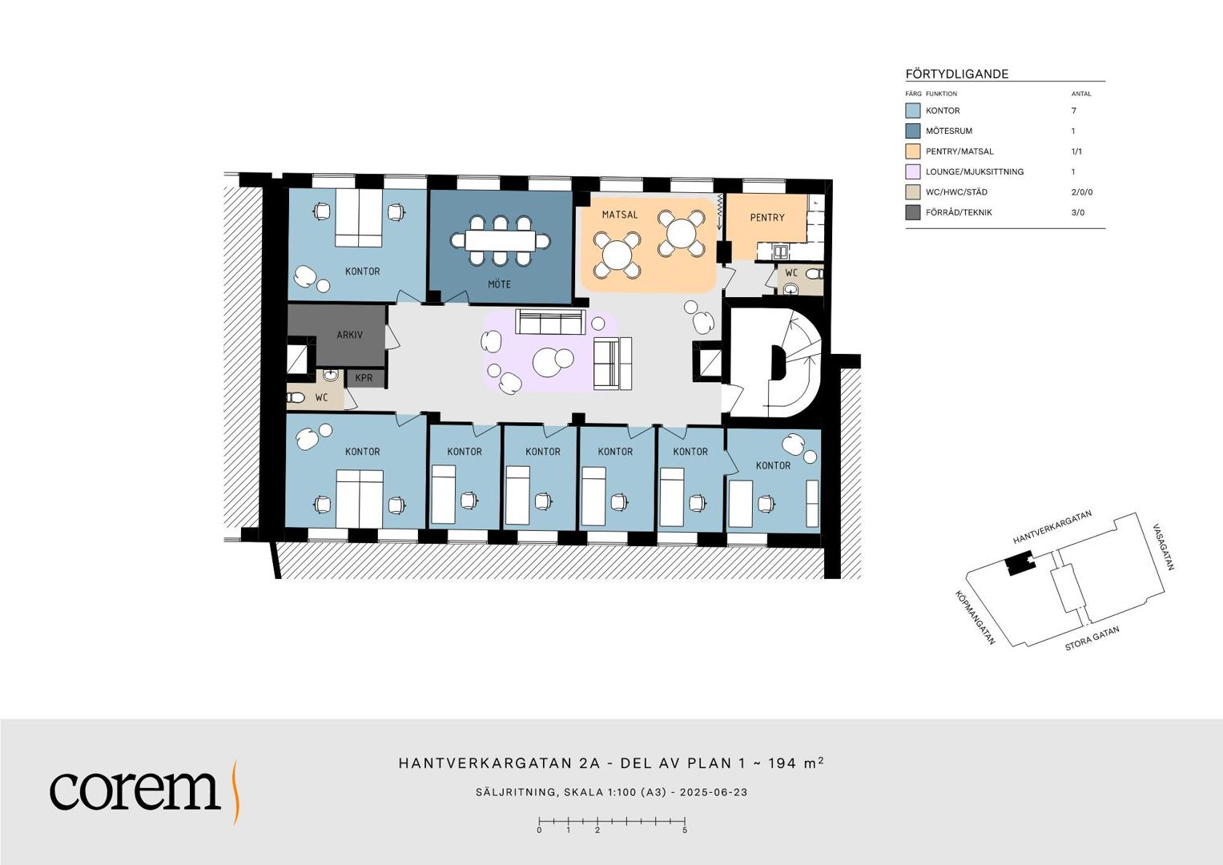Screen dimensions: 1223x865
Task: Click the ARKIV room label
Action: click(x=349, y=335)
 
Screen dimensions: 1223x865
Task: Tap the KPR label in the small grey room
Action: click(x=364, y=378)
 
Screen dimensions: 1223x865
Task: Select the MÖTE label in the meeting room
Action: click(x=499, y=284)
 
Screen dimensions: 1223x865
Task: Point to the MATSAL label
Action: click(x=620, y=215)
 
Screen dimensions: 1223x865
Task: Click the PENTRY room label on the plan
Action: click(x=767, y=217)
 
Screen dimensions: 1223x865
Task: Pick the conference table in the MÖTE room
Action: click(x=501, y=241)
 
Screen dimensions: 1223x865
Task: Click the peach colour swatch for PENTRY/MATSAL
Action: click(x=912, y=151)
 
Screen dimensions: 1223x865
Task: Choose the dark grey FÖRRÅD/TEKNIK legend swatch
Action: click(x=912, y=212)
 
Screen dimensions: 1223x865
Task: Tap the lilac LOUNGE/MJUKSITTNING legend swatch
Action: click(x=912, y=171)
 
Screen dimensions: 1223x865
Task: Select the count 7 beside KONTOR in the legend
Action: click(x=1073, y=111)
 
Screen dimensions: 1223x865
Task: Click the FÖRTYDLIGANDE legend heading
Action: click(x=956, y=74)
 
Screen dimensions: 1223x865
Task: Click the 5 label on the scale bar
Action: click(x=685, y=831)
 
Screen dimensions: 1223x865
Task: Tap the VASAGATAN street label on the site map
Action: click(x=1163, y=547)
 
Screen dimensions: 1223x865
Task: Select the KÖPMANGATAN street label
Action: click(x=976, y=618)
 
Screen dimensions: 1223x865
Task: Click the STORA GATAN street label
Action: click(x=1092, y=638)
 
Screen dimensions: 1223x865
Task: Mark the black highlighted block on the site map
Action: click(x=1020, y=565)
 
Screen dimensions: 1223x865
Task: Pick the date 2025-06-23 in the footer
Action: click(x=713, y=792)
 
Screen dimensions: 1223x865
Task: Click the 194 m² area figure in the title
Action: click(x=795, y=762)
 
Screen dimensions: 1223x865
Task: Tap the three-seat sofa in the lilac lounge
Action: click(x=550, y=322)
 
